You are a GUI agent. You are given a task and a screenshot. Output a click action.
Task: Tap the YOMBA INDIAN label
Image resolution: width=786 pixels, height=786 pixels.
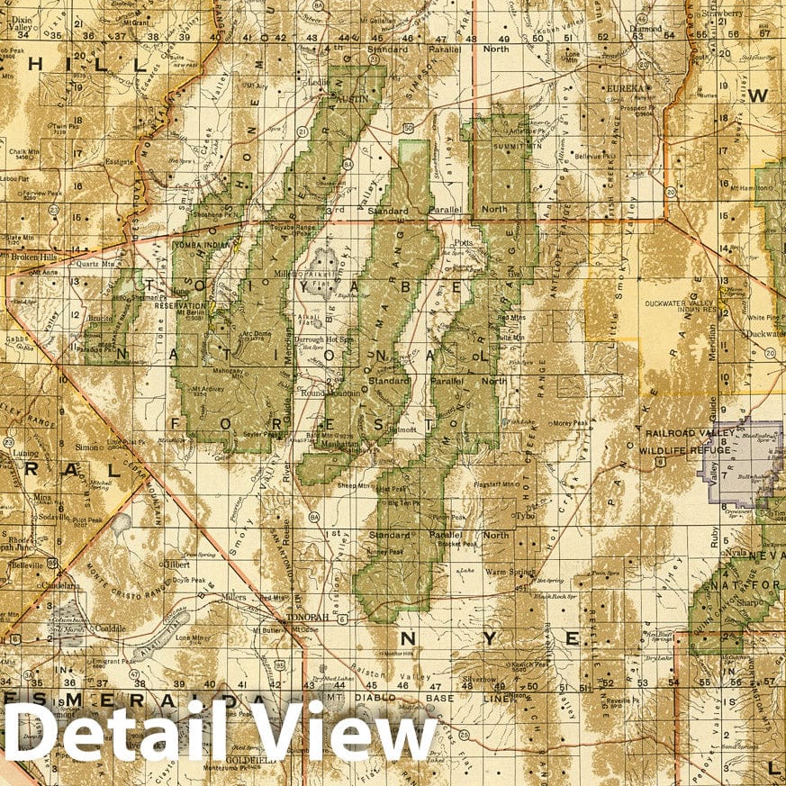coord(203,241)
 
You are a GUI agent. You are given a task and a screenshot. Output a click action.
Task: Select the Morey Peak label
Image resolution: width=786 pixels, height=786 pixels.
coord(569,423)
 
